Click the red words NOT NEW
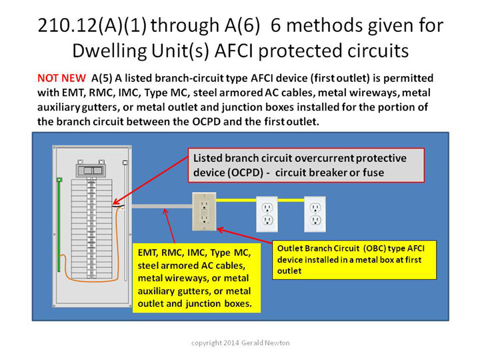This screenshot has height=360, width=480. [x=61, y=78]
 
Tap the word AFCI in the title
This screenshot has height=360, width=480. [x=233, y=51]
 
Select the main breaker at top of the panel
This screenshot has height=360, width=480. [x=90, y=170]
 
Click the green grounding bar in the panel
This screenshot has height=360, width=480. [x=59, y=225]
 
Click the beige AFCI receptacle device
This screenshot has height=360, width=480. [x=204, y=211]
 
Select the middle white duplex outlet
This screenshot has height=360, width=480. [x=267, y=214]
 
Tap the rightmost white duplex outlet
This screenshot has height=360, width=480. [x=315, y=214]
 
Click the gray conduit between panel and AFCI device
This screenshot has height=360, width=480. [x=161, y=207]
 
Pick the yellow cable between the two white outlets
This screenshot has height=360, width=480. [x=291, y=201]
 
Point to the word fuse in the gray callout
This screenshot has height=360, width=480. [x=373, y=173]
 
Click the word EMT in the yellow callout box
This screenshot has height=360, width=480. [x=147, y=253]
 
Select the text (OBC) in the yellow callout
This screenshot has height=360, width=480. [x=374, y=248]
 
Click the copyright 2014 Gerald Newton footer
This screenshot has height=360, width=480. [x=240, y=343]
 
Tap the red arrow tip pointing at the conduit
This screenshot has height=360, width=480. [x=165, y=209]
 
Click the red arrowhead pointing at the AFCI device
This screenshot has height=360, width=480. [x=218, y=229]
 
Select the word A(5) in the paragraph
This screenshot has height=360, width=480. [x=101, y=79]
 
